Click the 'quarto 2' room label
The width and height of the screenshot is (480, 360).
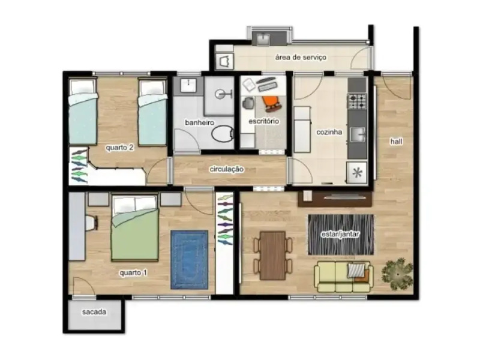coord(119,148)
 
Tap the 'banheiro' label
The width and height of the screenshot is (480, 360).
coord(199,122)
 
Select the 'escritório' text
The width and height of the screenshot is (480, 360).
coord(264,122)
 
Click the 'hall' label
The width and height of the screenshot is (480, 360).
coord(396,142)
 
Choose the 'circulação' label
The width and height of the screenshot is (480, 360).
coord(226,169)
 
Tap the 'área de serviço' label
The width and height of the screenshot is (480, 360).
coord(300,58)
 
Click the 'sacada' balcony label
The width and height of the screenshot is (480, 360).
coord(94,313)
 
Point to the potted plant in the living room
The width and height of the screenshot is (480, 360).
coord(397,274)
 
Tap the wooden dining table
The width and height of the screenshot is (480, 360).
coord(273,255)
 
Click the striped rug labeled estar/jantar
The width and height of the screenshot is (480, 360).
coord(340,234)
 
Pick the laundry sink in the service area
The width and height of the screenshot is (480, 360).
coord(263,39)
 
